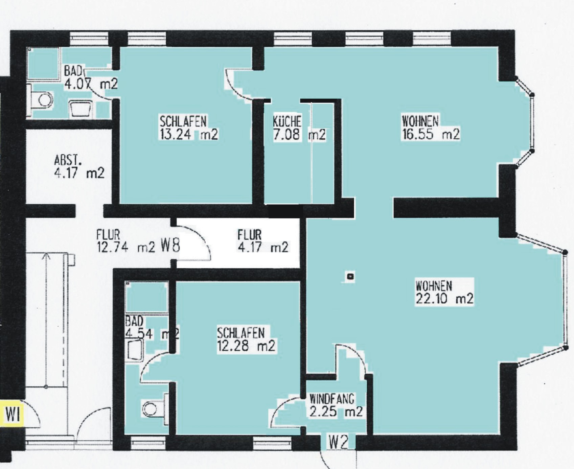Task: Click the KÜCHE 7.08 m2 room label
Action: pyautogui.click(x=299, y=128)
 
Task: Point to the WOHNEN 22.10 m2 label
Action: pyautogui.click(x=444, y=292)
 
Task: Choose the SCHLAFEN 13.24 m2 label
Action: pyautogui.click(x=188, y=128)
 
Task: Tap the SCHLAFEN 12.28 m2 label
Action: pyautogui.click(x=246, y=339)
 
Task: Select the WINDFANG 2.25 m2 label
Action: pyautogui.click(x=336, y=405)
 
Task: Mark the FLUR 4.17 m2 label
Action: pyautogui.click(x=262, y=241)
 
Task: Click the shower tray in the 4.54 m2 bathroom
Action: pyautogui.click(x=146, y=297)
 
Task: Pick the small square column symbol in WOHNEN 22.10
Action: pyautogui.click(x=350, y=277)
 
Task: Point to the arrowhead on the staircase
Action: pyautogui.click(x=46, y=256)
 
